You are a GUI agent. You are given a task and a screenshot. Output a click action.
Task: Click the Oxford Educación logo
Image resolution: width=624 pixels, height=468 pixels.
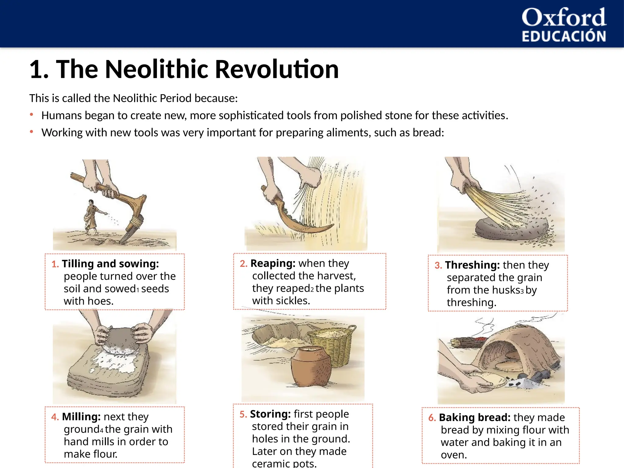coord(564,24)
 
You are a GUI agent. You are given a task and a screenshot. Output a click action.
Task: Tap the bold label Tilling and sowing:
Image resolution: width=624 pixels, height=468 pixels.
coord(110,264)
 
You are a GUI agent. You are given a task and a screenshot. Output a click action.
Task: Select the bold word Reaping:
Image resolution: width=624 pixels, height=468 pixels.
coord(273,263)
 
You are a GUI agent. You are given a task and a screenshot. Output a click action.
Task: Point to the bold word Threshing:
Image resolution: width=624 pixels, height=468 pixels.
coord(472,265)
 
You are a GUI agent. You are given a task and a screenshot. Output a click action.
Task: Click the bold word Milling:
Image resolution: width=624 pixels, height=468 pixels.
coord(81,417)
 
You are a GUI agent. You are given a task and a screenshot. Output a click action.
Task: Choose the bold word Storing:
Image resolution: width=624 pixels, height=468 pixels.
coord(270,414)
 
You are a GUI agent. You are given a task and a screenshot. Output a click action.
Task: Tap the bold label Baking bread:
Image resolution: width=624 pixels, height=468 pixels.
coord(474,417)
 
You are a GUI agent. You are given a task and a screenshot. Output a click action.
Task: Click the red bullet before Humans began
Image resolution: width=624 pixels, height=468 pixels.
coord(31,115)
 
